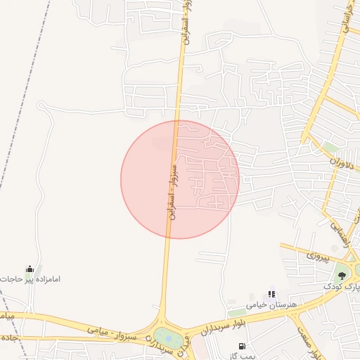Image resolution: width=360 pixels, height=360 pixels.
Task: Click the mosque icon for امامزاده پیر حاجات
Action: tap(30, 269)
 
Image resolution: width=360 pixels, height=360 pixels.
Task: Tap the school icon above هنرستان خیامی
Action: tap(271, 294)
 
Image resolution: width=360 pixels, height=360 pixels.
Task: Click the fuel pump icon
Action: tap(243, 346)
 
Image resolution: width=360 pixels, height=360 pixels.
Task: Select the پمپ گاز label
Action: tap(243, 356)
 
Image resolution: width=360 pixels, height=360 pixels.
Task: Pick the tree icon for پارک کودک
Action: tap(342, 275)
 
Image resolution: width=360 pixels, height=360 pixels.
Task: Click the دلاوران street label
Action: tap(346, 160)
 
